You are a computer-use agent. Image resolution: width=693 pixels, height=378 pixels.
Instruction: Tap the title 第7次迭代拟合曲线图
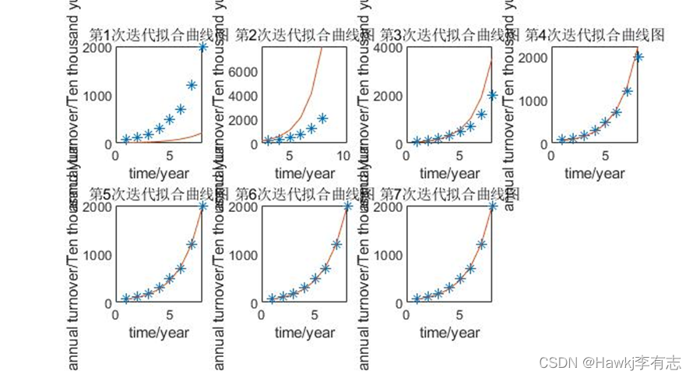(x=449, y=194)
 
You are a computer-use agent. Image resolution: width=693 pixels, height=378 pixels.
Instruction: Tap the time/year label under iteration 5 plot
(x=159, y=333)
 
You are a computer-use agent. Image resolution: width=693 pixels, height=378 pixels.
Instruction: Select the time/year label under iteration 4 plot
(x=595, y=173)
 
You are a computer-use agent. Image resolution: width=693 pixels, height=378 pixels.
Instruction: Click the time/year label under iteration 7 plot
(x=449, y=333)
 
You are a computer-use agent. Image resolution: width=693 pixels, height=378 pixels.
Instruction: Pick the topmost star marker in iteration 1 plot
(x=203, y=48)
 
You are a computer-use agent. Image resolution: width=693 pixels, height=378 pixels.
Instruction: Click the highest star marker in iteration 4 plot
(x=638, y=56)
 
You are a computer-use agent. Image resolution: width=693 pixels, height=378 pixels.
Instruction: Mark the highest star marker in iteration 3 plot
(x=493, y=95)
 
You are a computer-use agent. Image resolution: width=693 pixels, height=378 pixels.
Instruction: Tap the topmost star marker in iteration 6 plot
(x=348, y=207)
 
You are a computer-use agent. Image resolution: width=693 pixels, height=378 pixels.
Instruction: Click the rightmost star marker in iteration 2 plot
(x=323, y=118)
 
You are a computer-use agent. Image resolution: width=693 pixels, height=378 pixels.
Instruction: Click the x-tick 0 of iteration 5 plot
(x=115, y=315)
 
